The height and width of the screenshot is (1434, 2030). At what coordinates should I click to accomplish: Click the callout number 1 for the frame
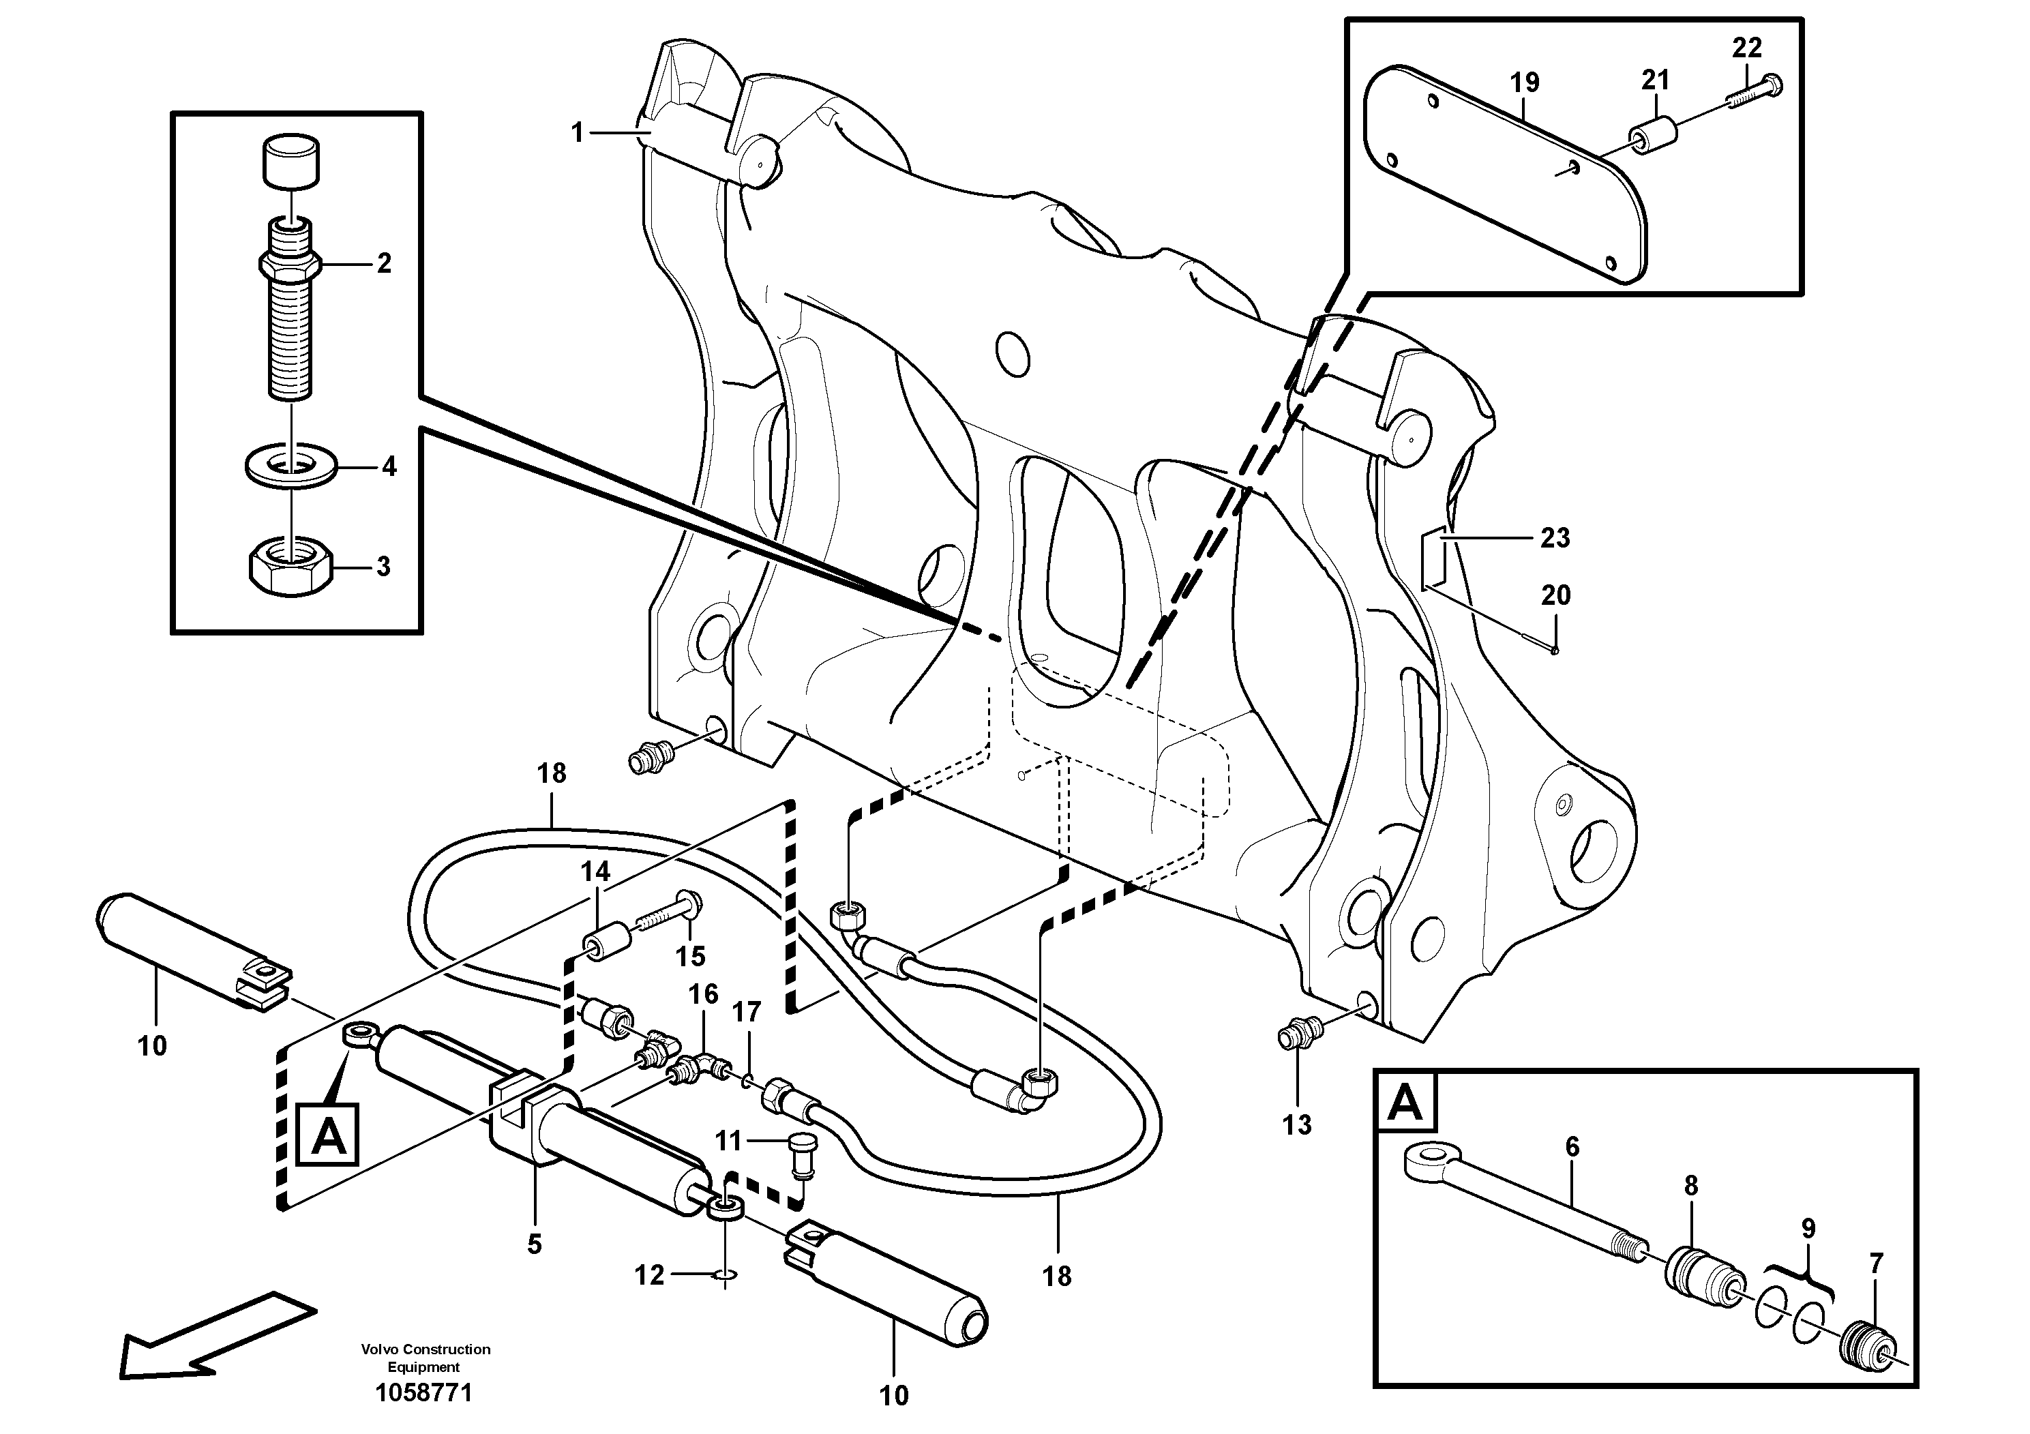(x=578, y=134)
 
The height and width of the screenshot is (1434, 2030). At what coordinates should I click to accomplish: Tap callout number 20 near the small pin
(x=1555, y=595)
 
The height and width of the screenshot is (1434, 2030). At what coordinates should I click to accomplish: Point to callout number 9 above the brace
(x=1808, y=1229)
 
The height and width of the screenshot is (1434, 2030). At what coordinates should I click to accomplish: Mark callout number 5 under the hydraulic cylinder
(x=534, y=1245)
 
